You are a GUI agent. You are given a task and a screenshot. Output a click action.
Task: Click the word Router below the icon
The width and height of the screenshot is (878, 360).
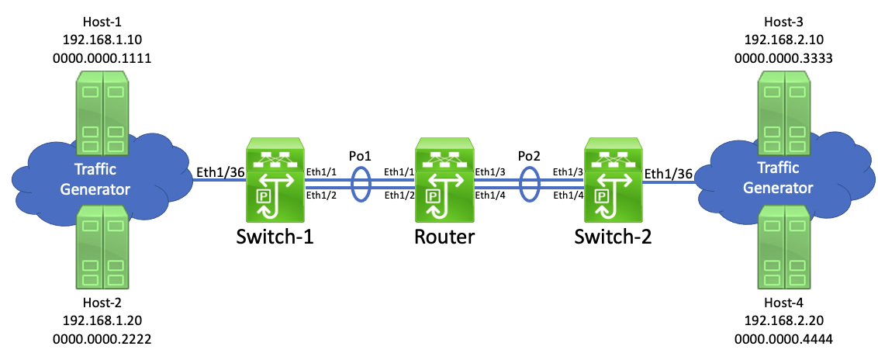point(444,237)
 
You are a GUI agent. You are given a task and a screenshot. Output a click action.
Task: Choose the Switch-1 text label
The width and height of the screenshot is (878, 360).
point(276,237)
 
